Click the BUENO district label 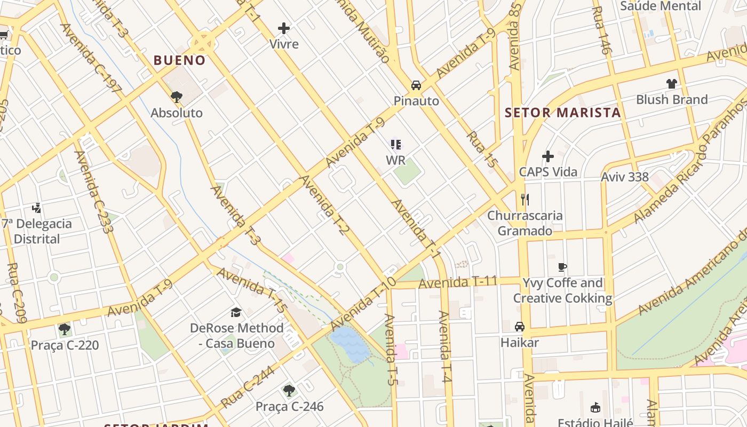(x=179, y=60)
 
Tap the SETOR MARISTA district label (x=562, y=113)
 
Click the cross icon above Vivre (x=284, y=28)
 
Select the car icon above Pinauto (x=416, y=85)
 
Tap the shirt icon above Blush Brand (x=671, y=83)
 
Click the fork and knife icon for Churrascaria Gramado (x=525, y=200)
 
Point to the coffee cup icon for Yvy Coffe (x=562, y=267)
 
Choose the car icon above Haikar (x=519, y=327)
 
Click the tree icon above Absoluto (x=176, y=97)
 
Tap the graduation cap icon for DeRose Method (x=236, y=312)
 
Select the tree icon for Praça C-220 (x=64, y=329)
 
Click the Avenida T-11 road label (x=457, y=282)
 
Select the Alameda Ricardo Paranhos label (x=690, y=160)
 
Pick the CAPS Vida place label (x=548, y=172)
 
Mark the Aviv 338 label (x=624, y=177)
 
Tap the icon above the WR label (x=395, y=144)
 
